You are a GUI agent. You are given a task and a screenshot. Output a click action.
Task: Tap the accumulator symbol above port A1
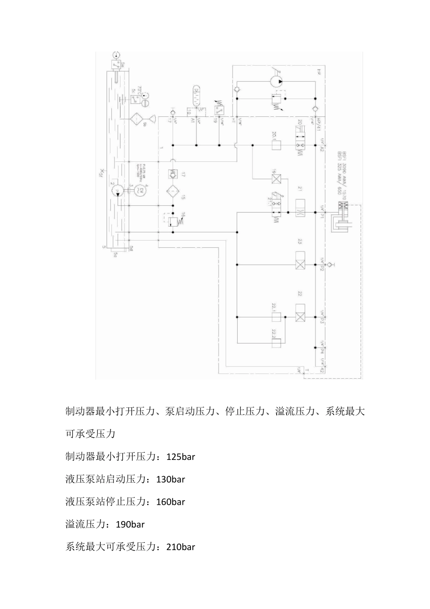point(196,96)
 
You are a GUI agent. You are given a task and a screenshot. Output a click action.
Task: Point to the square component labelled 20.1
point(276,145)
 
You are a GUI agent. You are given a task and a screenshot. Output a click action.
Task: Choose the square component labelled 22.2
point(276,343)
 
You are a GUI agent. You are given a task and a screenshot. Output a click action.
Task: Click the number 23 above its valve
point(300,241)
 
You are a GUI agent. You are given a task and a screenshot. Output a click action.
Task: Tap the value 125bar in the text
point(181,457)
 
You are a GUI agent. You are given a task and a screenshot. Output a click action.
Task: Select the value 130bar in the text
point(170,479)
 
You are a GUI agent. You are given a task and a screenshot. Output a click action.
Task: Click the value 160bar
point(170,502)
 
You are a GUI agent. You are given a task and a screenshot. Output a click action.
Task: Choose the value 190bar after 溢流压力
point(130,525)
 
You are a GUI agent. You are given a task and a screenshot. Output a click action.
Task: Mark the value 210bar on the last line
point(181,547)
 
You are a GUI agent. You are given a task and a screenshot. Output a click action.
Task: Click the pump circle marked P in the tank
point(117,191)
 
